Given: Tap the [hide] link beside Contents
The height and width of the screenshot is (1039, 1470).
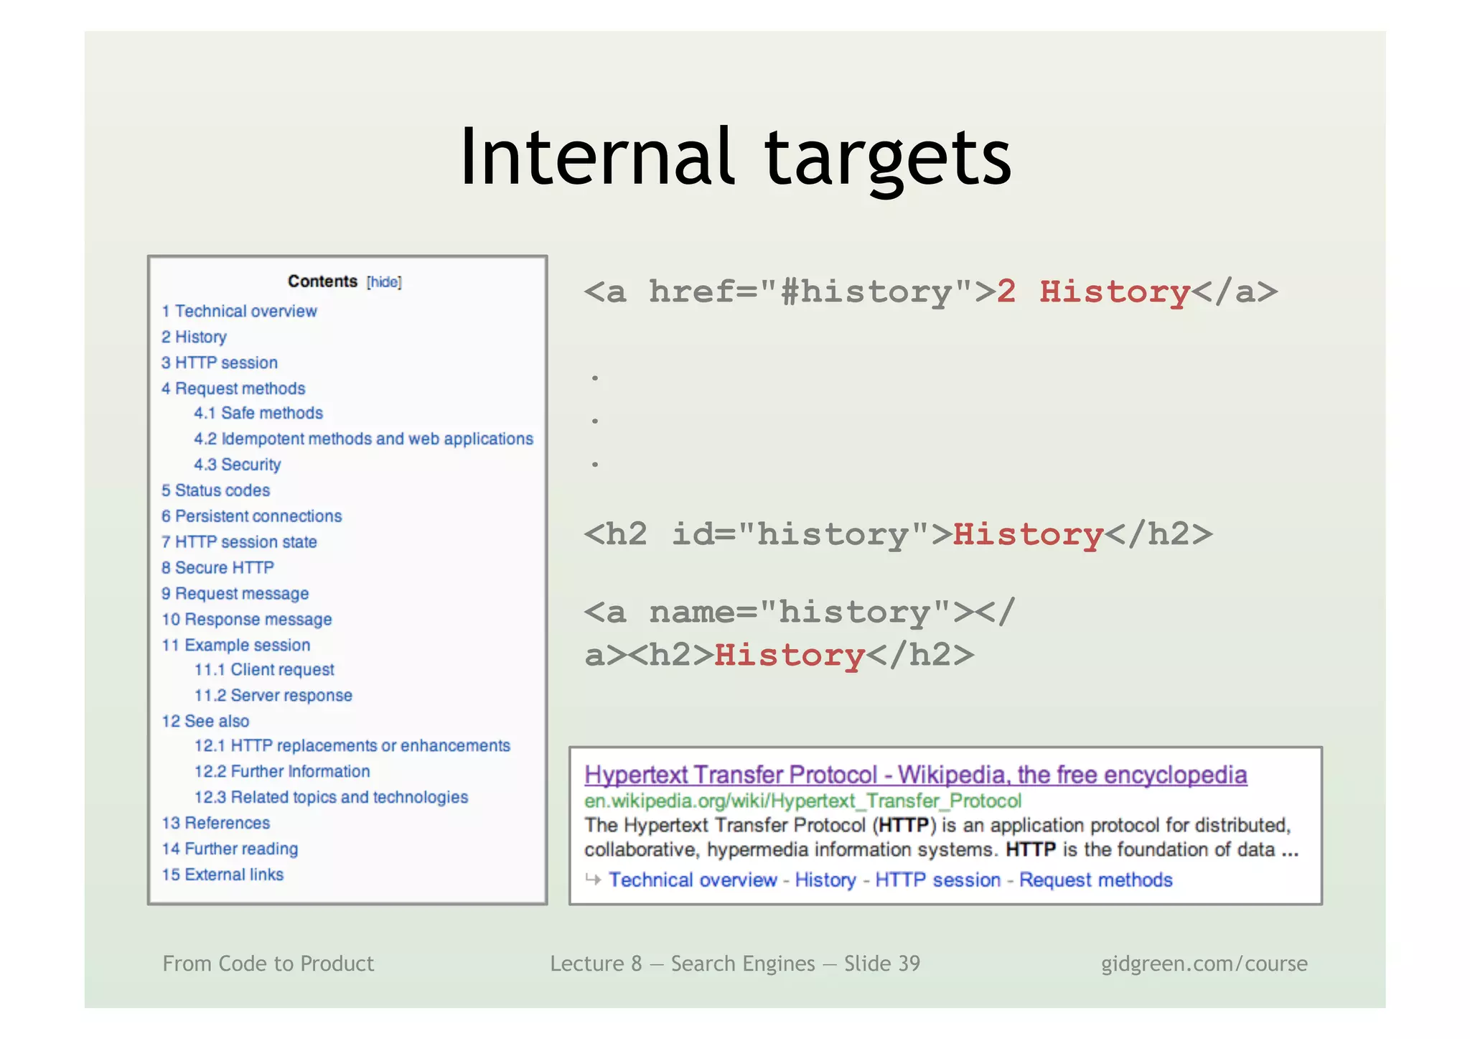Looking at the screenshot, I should click(x=384, y=282).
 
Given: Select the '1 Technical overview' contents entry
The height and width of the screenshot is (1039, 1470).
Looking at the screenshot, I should click(x=239, y=311).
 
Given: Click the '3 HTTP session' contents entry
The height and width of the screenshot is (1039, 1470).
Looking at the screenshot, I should click(x=220, y=363).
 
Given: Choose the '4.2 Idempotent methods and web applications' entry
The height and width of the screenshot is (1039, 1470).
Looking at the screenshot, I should click(x=363, y=439).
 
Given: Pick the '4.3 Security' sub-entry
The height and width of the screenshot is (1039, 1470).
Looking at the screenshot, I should click(x=237, y=465).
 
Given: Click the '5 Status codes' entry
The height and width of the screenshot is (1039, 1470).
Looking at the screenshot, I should click(x=215, y=490).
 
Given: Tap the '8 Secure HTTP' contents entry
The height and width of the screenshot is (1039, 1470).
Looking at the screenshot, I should click(x=217, y=568).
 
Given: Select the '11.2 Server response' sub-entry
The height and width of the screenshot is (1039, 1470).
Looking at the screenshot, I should click(x=273, y=695).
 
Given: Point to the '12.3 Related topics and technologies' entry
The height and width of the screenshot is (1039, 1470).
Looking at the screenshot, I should click(x=331, y=797).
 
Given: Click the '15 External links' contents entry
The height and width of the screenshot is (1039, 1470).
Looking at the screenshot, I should click(x=223, y=875).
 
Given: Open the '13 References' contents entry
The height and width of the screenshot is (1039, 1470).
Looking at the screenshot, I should click(x=215, y=823).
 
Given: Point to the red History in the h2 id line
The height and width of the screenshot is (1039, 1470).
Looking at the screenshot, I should click(x=1028, y=535).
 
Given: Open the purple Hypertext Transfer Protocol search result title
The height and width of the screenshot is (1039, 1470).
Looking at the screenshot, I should click(x=915, y=775).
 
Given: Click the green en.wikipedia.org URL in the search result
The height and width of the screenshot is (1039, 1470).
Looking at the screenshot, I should click(x=802, y=801).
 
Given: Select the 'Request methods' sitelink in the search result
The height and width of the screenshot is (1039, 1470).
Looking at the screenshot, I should click(x=1095, y=880).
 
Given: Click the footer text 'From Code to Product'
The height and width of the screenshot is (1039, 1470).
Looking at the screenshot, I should click(x=268, y=964).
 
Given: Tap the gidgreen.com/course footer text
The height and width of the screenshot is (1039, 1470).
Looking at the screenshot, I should click(x=1204, y=964).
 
